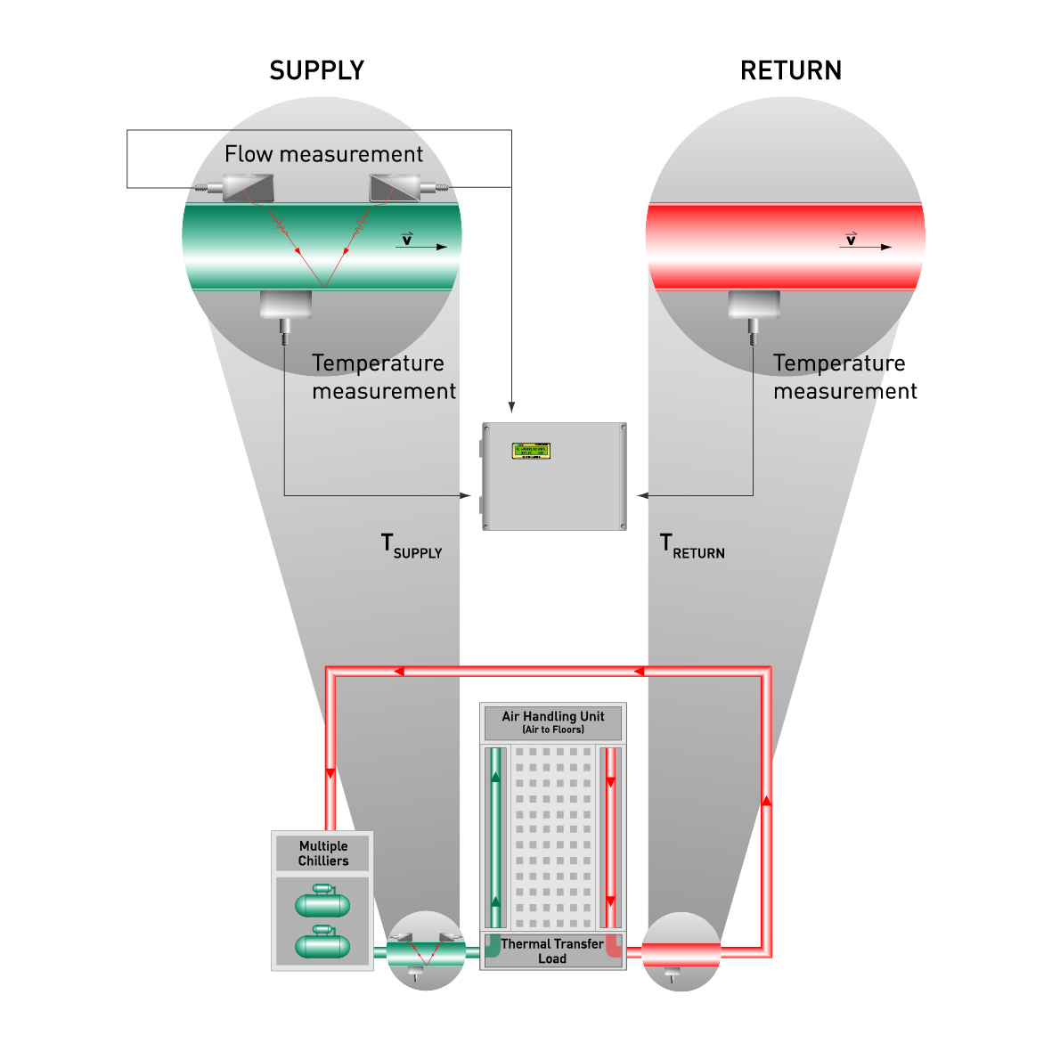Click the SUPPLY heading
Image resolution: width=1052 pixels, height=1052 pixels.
(317, 71)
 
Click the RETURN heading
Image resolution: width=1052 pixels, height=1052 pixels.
(790, 71)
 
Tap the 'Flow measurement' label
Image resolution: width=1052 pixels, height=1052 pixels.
(323, 154)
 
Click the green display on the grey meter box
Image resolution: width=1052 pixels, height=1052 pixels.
(530, 451)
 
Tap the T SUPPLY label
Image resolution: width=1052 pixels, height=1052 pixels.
(411, 546)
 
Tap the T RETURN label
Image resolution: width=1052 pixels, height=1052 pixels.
(692, 546)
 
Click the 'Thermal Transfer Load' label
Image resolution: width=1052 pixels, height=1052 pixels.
(552, 950)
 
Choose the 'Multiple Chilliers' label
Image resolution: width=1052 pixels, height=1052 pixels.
(322, 853)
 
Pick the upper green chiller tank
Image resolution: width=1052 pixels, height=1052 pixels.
(322, 903)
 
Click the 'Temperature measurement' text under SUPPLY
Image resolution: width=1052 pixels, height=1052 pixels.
(383, 377)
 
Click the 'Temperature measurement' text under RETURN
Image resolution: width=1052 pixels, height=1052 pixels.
(844, 377)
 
